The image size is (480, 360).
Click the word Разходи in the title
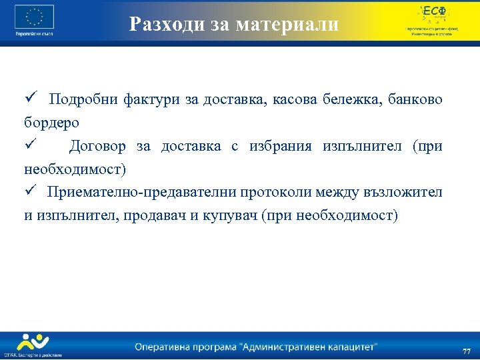161,25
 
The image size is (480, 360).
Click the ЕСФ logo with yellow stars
431,13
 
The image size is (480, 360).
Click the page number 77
466,351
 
